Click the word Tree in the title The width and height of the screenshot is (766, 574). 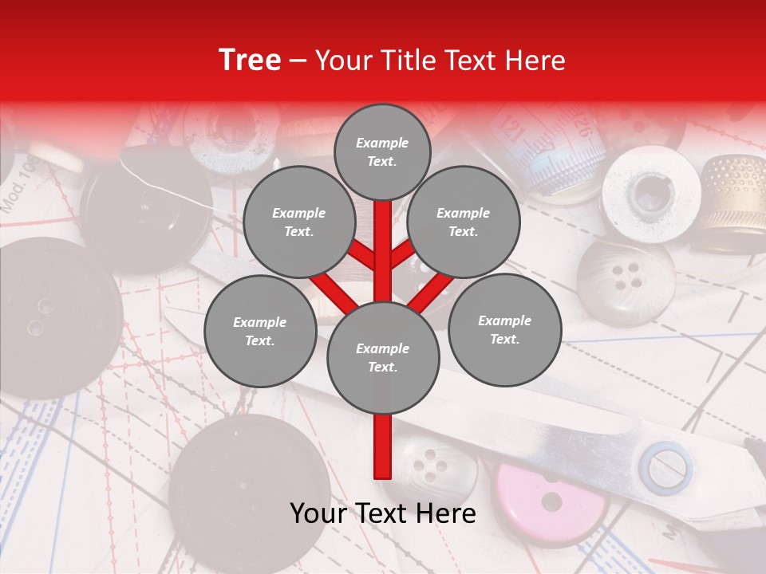(x=250, y=60)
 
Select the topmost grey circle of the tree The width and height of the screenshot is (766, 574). (x=382, y=151)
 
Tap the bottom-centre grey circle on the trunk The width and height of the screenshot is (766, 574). (x=383, y=358)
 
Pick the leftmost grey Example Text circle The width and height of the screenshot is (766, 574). (x=260, y=331)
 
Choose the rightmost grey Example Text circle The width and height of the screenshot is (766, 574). (x=504, y=329)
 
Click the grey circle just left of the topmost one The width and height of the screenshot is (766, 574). (x=299, y=222)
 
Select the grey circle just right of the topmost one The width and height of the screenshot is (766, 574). (x=464, y=222)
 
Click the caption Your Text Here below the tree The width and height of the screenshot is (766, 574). (x=383, y=513)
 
